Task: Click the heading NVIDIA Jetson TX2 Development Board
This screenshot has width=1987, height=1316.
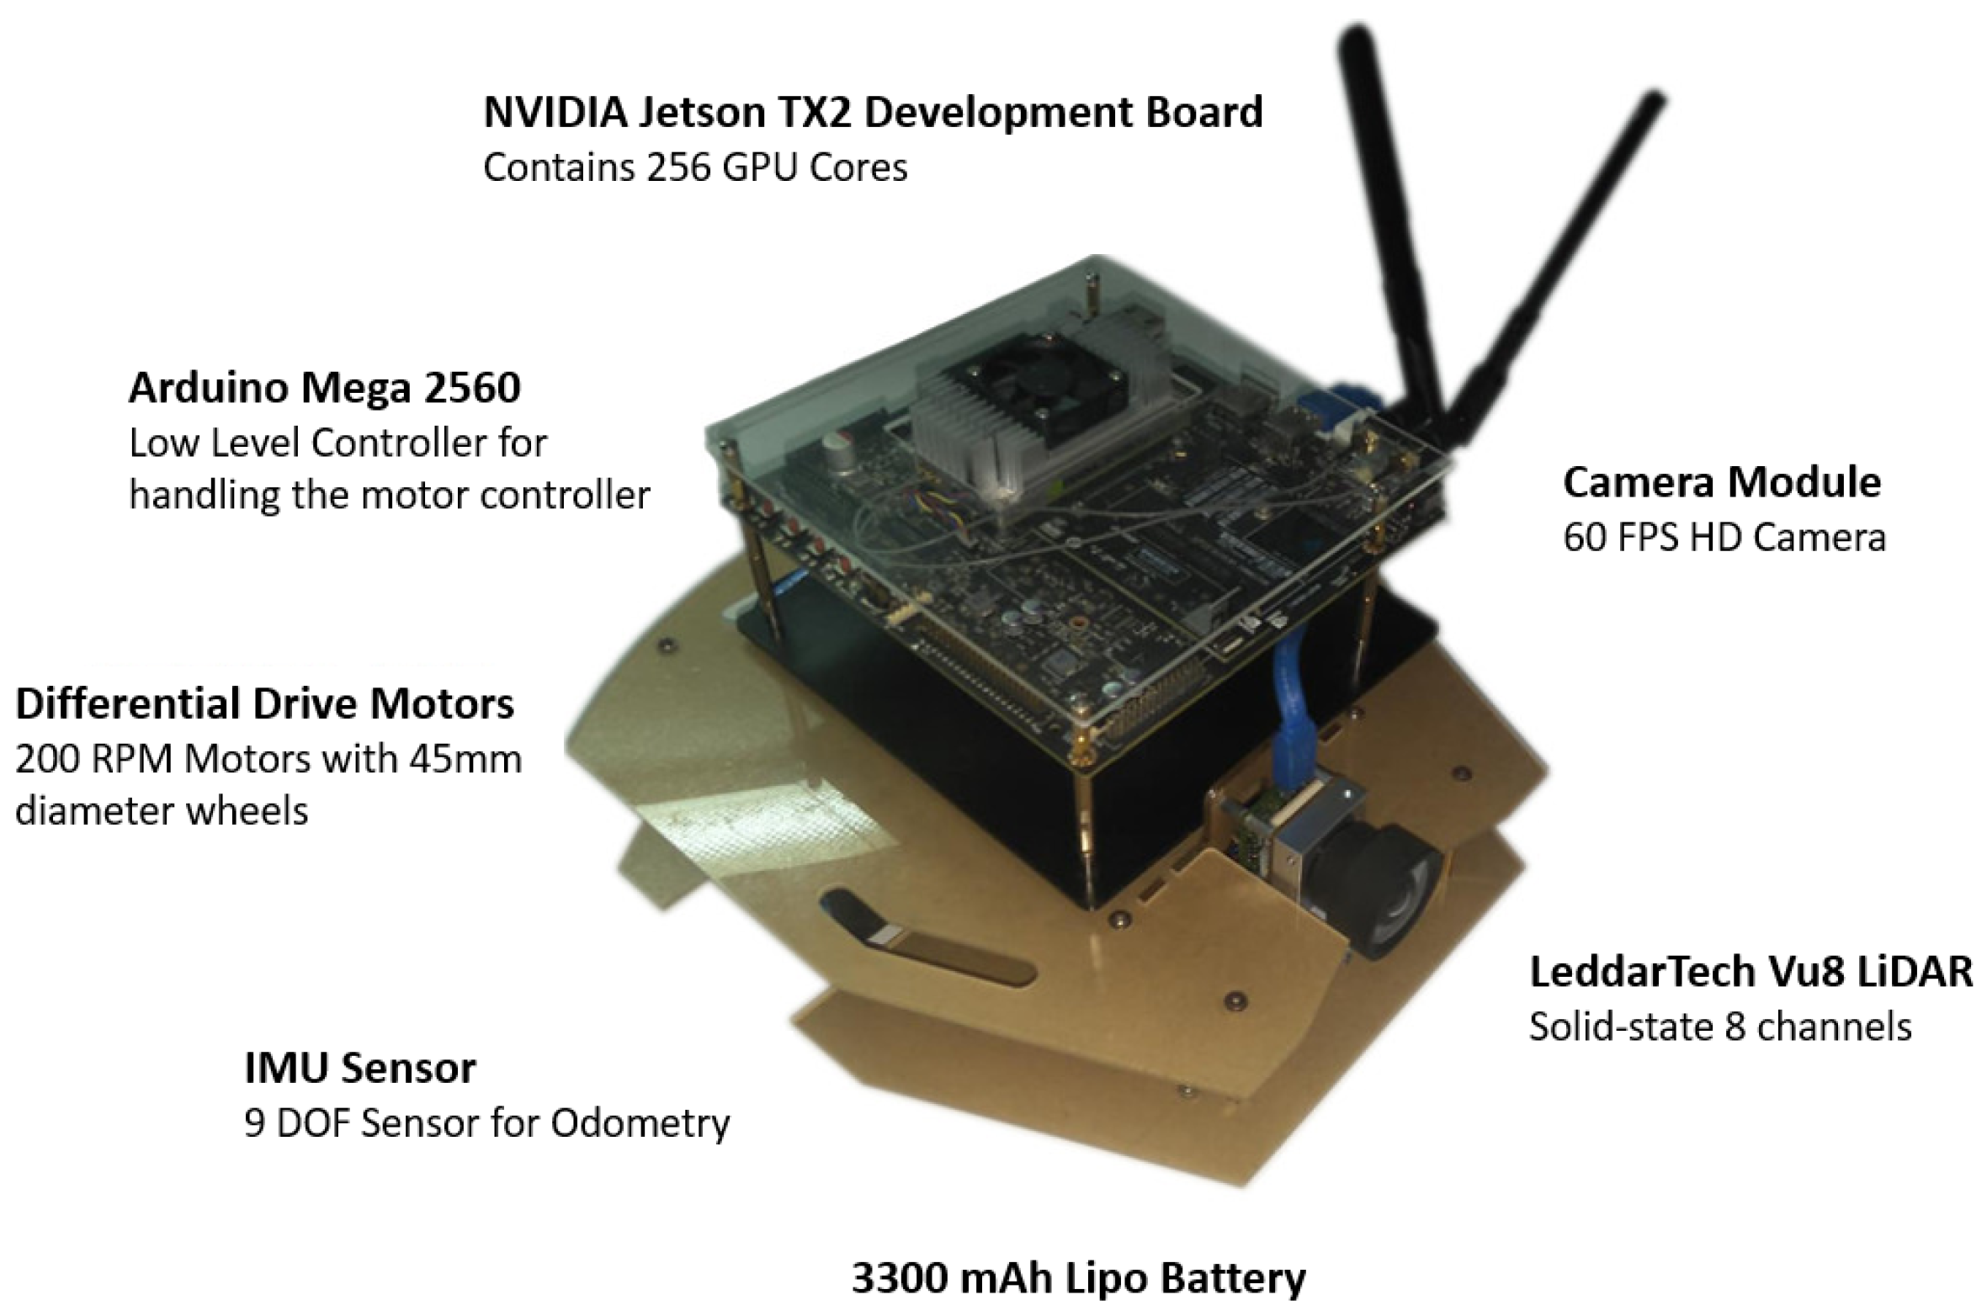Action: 872,112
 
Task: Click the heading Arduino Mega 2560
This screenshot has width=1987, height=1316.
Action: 324,388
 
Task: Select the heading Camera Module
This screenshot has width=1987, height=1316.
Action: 1721,482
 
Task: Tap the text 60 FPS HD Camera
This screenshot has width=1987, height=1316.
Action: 1724,537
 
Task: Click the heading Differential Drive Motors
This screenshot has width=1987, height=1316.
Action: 264,703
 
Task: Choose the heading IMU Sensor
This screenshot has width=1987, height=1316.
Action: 359,1068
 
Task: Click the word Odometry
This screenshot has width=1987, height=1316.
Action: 640,1122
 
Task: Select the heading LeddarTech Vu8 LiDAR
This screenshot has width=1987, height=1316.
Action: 1751,971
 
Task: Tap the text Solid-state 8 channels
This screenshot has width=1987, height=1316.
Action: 1719,1027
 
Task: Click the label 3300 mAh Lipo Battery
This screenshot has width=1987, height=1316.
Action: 1078,1277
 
